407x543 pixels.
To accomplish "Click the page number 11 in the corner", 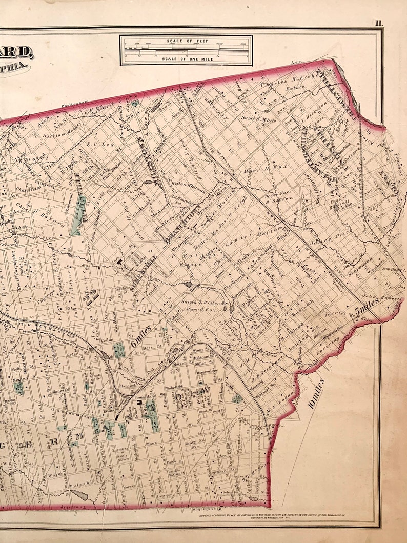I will pos(378,23).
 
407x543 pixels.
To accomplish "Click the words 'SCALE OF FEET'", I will pos(186,40).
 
